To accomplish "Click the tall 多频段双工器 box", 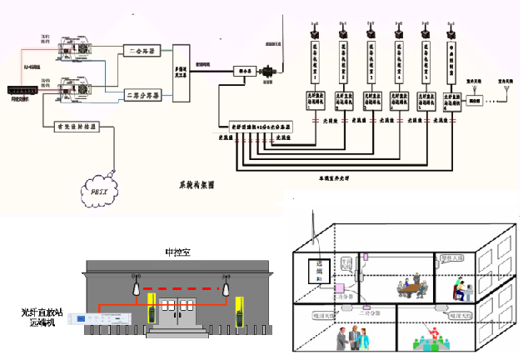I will [x=178, y=74].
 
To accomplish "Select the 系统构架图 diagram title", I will [x=197, y=182].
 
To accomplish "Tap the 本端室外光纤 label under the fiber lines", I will [x=323, y=177].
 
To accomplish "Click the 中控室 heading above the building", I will [x=179, y=250].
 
